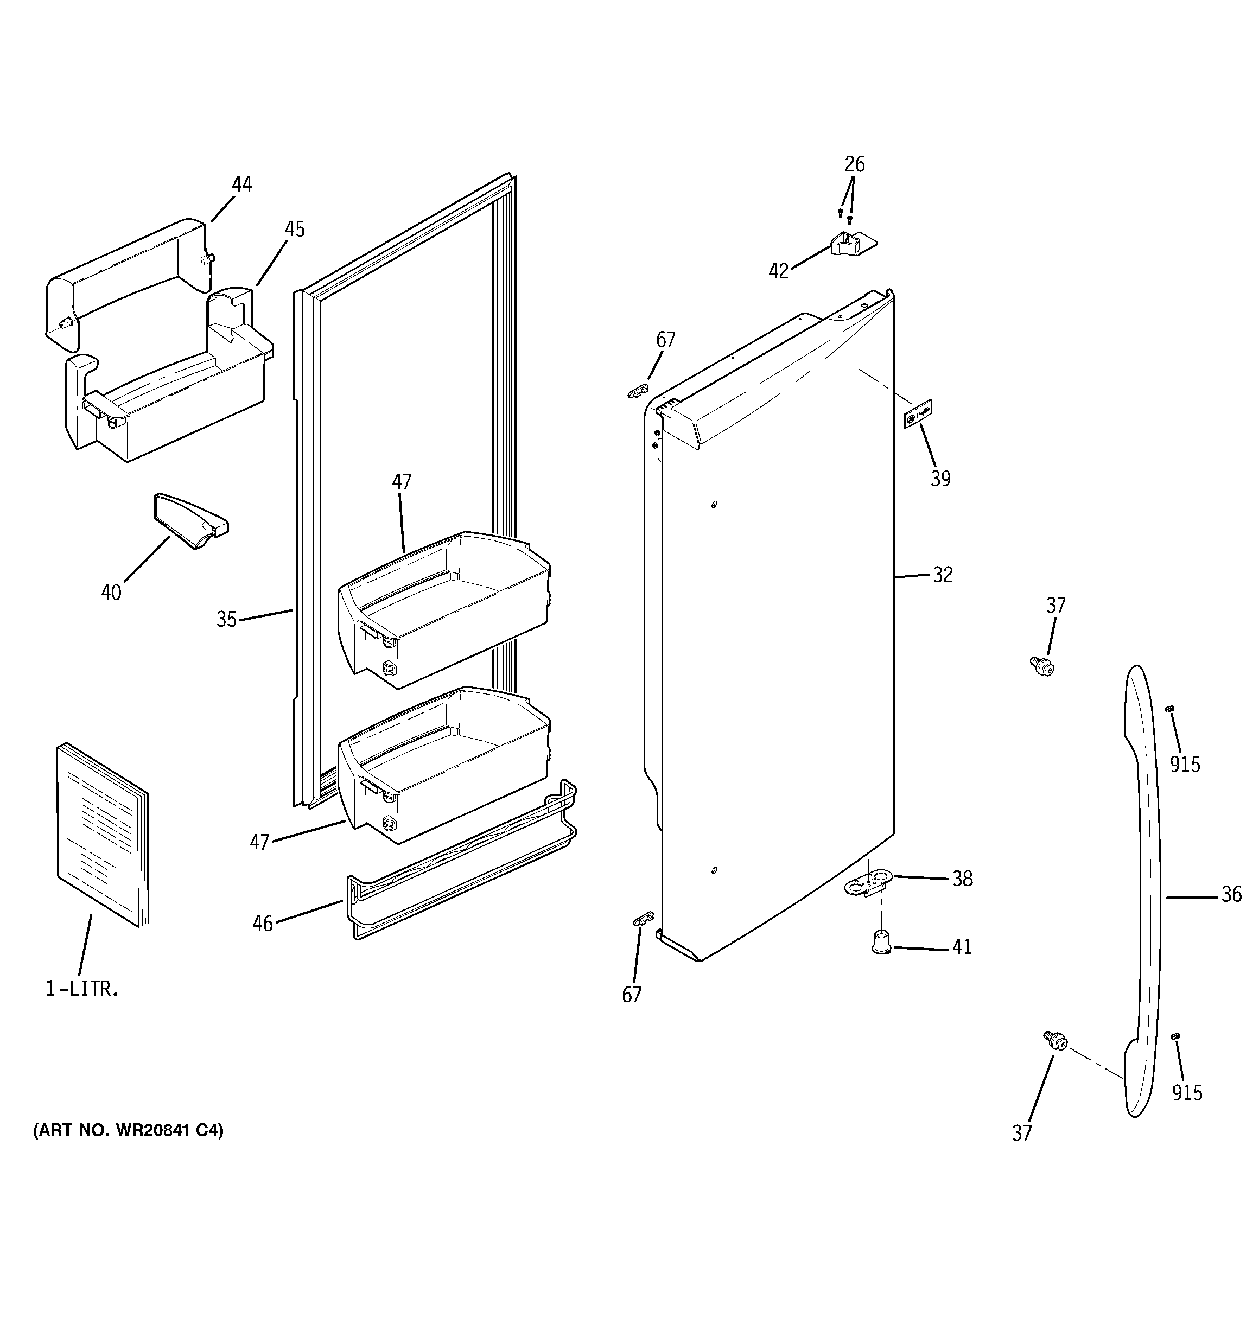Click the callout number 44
[241, 184]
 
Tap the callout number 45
[294, 229]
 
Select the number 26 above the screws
[854, 164]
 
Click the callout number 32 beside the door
[942, 574]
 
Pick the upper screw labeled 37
[1041, 666]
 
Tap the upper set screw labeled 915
[1171, 728]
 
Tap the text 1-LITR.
[82, 990]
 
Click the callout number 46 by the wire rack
[262, 923]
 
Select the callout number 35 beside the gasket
[226, 619]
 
